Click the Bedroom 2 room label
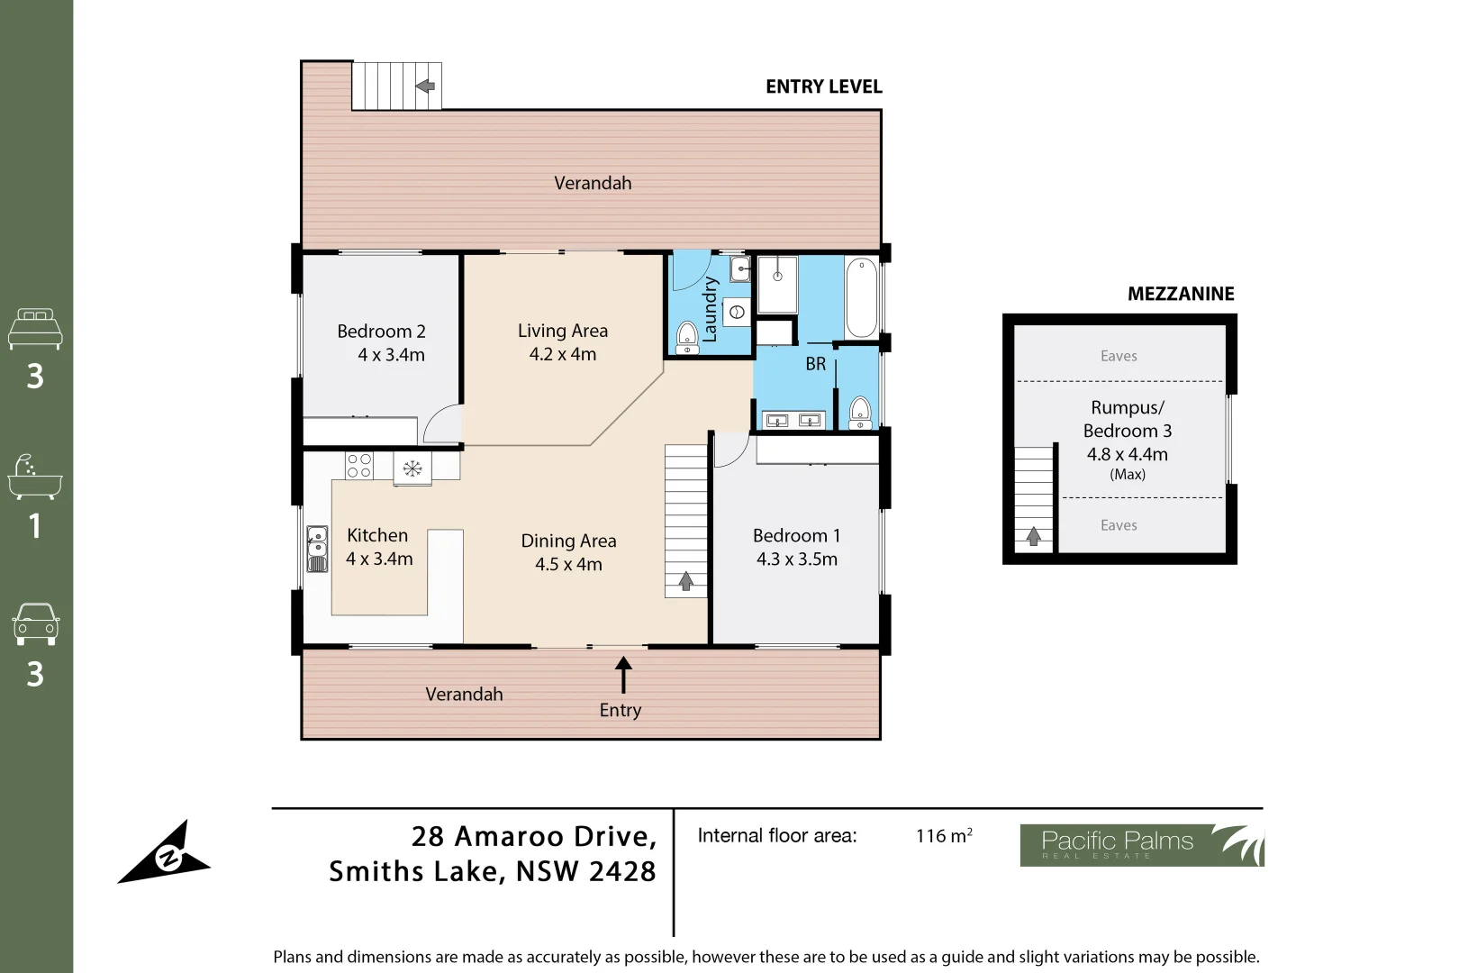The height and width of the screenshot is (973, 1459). coord(381,331)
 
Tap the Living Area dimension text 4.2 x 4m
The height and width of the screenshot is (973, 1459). coord(562,354)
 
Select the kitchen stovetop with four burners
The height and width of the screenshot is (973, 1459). coord(359,466)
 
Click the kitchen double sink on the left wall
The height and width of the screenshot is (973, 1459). coord(316,549)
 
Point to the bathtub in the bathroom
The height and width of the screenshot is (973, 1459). coord(861,297)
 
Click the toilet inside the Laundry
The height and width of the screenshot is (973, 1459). coord(687,337)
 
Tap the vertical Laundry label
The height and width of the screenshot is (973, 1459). coord(710,309)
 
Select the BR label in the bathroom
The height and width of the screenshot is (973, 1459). coord(815,364)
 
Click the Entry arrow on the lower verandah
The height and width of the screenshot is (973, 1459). coord(622,675)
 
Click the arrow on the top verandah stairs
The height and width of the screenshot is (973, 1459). coord(425,86)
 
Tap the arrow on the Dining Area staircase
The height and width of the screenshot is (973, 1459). coord(686,581)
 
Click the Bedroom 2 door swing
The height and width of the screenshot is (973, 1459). coord(442,424)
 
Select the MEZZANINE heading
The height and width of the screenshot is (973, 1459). coord(1181,294)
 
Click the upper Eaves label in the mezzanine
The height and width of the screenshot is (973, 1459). coord(1119,356)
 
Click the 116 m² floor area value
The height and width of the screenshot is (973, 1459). coord(943,835)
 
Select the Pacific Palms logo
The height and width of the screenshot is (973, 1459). coord(1141,845)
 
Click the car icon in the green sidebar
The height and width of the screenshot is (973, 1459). coord(36,623)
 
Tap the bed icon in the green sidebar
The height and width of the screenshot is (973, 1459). coord(35,329)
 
